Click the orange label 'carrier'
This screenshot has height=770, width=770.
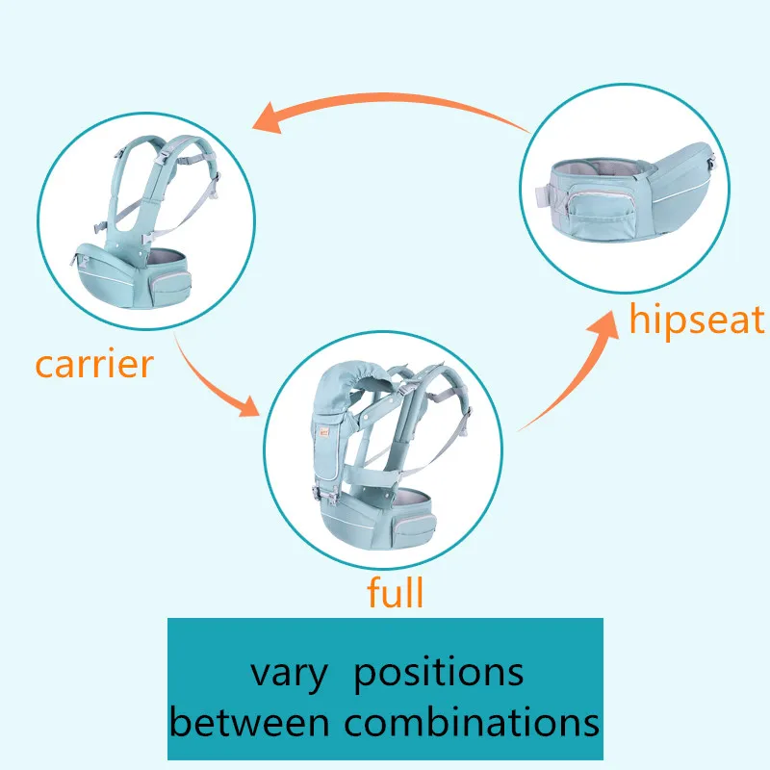(94, 365)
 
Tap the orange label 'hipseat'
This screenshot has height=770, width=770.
(697, 320)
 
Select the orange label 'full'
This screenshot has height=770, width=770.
(395, 592)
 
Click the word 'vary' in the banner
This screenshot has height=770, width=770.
(290, 676)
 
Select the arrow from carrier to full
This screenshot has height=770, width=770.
(210, 382)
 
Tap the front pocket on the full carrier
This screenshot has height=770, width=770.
(414, 526)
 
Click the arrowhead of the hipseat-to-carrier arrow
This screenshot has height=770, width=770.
(268, 118)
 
